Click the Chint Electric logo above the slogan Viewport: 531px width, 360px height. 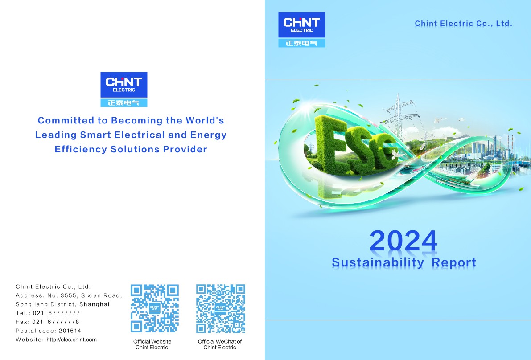pos(123,89)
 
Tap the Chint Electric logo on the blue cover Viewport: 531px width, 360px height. pos(301,29)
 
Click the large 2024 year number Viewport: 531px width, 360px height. pos(403,241)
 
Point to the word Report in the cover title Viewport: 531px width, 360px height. pos(454,262)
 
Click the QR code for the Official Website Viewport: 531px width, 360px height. pos(154,308)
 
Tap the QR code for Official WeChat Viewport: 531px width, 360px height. pos(220,308)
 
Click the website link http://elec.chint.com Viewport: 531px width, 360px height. pos(71,340)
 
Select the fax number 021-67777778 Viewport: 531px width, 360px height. pos(56,322)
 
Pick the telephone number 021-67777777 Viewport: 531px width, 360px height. pos(56,313)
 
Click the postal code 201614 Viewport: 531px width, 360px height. pos(70,331)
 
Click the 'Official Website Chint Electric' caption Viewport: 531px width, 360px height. pos(152,344)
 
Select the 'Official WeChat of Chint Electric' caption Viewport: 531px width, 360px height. pos(220,344)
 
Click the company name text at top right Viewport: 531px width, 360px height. pos(463,23)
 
